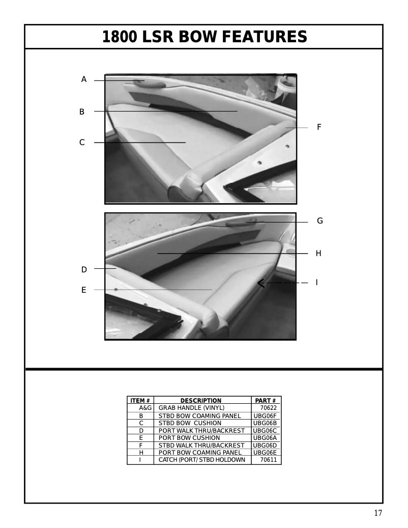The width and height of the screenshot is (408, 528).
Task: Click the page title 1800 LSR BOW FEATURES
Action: [205, 37]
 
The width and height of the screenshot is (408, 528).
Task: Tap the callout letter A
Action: [84, 79]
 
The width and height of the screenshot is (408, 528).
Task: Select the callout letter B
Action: [82, 112]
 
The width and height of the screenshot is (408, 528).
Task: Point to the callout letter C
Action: [82, 143]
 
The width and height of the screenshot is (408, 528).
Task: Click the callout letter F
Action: [319, 127]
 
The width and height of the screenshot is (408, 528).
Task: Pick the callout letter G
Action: [319, 221]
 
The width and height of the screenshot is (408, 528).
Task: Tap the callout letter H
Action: [318, 253]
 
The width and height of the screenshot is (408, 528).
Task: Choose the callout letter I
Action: [317, 282]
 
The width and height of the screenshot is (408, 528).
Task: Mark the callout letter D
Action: [84, 269]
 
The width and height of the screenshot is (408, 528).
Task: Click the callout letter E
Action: [83, 290]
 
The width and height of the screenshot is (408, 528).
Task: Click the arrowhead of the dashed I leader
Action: [260, 283]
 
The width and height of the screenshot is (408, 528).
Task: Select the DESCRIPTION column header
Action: [201, 401]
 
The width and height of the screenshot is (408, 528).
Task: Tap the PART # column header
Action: [266, 401]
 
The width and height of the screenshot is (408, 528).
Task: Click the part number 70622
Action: [268, 408]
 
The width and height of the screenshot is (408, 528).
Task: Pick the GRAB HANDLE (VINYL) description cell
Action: [191, 408]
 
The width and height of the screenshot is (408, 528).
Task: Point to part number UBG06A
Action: [265, 438]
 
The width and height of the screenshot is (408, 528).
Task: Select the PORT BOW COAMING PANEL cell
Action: [200, 453]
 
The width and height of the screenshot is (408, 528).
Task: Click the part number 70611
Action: [268, 460]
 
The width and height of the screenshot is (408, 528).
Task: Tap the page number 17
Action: [377, 513]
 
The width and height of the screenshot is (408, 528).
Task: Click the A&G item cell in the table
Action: [145, 408]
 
